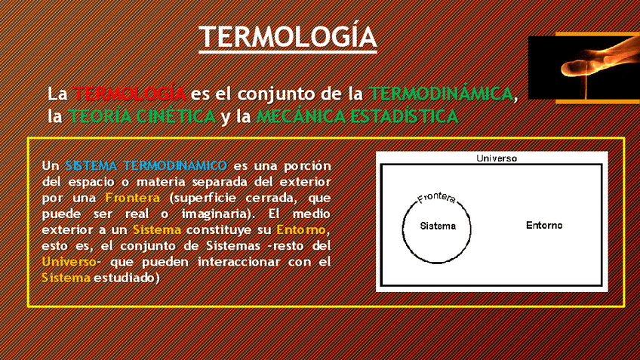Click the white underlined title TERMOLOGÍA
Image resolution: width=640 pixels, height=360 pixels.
(x=288, y=37)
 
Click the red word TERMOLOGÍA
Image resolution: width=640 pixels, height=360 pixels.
(x=129, y=94)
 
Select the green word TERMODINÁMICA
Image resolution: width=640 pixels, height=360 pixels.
(x=441, y=94)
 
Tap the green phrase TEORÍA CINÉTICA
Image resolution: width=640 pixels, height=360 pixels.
(x=142, y=116)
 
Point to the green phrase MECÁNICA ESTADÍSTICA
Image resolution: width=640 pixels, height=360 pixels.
(x=358, y=116)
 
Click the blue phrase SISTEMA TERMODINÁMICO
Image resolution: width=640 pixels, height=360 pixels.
(x=146, y=165)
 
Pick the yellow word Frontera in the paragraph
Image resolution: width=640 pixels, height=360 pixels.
(x=132, y=198)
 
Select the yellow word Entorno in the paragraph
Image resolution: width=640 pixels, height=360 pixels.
(x=301, y=229)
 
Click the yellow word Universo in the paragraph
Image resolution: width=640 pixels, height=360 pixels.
(x=69, y=261)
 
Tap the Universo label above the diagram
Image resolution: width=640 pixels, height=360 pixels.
(x=497, y=158)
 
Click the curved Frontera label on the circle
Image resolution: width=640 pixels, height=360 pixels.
(x=436, y=198)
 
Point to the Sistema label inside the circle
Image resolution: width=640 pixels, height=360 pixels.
(x=438, y=226)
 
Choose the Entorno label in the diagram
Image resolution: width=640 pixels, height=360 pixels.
(x=544, y=226)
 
